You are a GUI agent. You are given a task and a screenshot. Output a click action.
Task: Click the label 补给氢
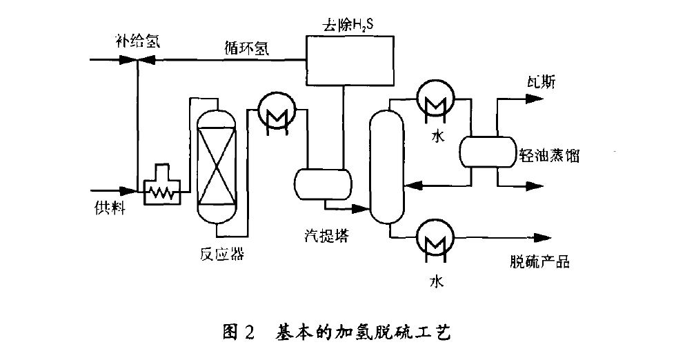(137, 41)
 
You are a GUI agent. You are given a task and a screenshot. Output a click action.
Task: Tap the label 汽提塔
(326, 236)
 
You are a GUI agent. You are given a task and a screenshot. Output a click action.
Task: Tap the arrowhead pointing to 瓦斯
(533, 99)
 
